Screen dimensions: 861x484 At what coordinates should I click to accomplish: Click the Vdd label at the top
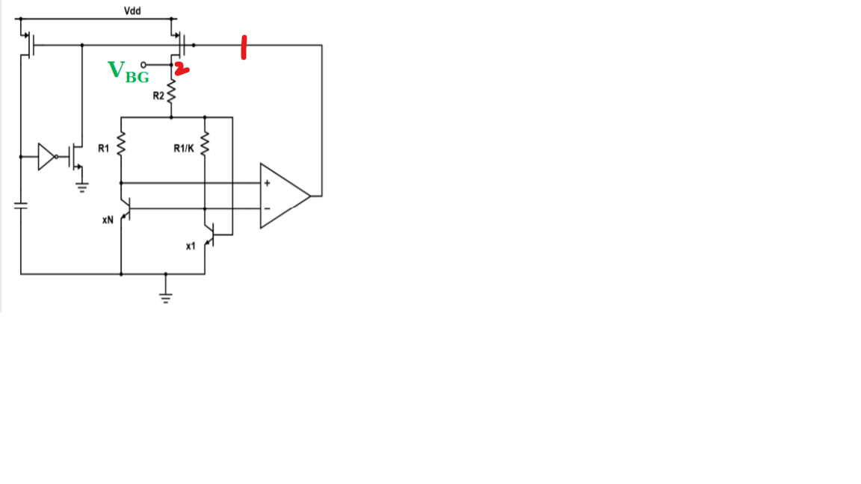pyautogui.click(x=132, y=10)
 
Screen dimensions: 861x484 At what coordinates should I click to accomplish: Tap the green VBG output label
pyautogui.click(x=128, y=72)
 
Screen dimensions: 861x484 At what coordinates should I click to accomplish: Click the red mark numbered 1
pyautogui.click(x=244, y=47)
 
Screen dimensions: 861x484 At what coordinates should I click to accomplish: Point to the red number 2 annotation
pyautogui.click(x=182, y=69)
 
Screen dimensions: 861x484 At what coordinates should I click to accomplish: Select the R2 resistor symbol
pyautogui.click(x=171, y=91)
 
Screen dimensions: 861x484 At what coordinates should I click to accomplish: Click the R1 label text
pyautogui.click(x=103, y=148)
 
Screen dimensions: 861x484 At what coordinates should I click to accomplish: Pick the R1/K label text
pyautogui.click(x=183, y=148)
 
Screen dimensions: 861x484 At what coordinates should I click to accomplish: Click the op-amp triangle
pyautogui.click(x=285, y=196)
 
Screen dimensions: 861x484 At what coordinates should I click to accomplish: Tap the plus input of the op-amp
pyautogui.click(x=267, y=183)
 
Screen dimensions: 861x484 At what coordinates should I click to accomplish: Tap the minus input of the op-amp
pyautogui.click(x=267, y=208)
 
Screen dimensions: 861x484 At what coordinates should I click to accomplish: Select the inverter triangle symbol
pyautogui.click(x=46, y=157)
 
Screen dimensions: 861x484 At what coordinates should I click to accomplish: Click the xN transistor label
pyautogui.click(x=108, y=220)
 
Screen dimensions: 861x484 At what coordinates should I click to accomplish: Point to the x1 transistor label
pyautogui.click(x=191, y=246)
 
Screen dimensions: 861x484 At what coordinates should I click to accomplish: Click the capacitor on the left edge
pyautogui.click(x=21, y=205)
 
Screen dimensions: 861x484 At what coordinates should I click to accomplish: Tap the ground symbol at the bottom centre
pyautogui.click(x=165, y=298)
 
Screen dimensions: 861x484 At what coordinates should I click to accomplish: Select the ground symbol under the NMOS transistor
pyautogui.click(x=81, y=188)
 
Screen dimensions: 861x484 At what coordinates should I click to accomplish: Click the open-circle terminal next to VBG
pyautogui.click(x=143, y=65)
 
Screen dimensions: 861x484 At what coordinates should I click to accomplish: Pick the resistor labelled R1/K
pyautogui.click(x=205, y=143)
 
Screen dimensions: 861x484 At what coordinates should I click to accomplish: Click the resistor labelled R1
pyautogui.click(x=121, y=143)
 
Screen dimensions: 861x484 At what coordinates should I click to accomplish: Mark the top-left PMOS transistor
pyautogui.click(x=28, y=45)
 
